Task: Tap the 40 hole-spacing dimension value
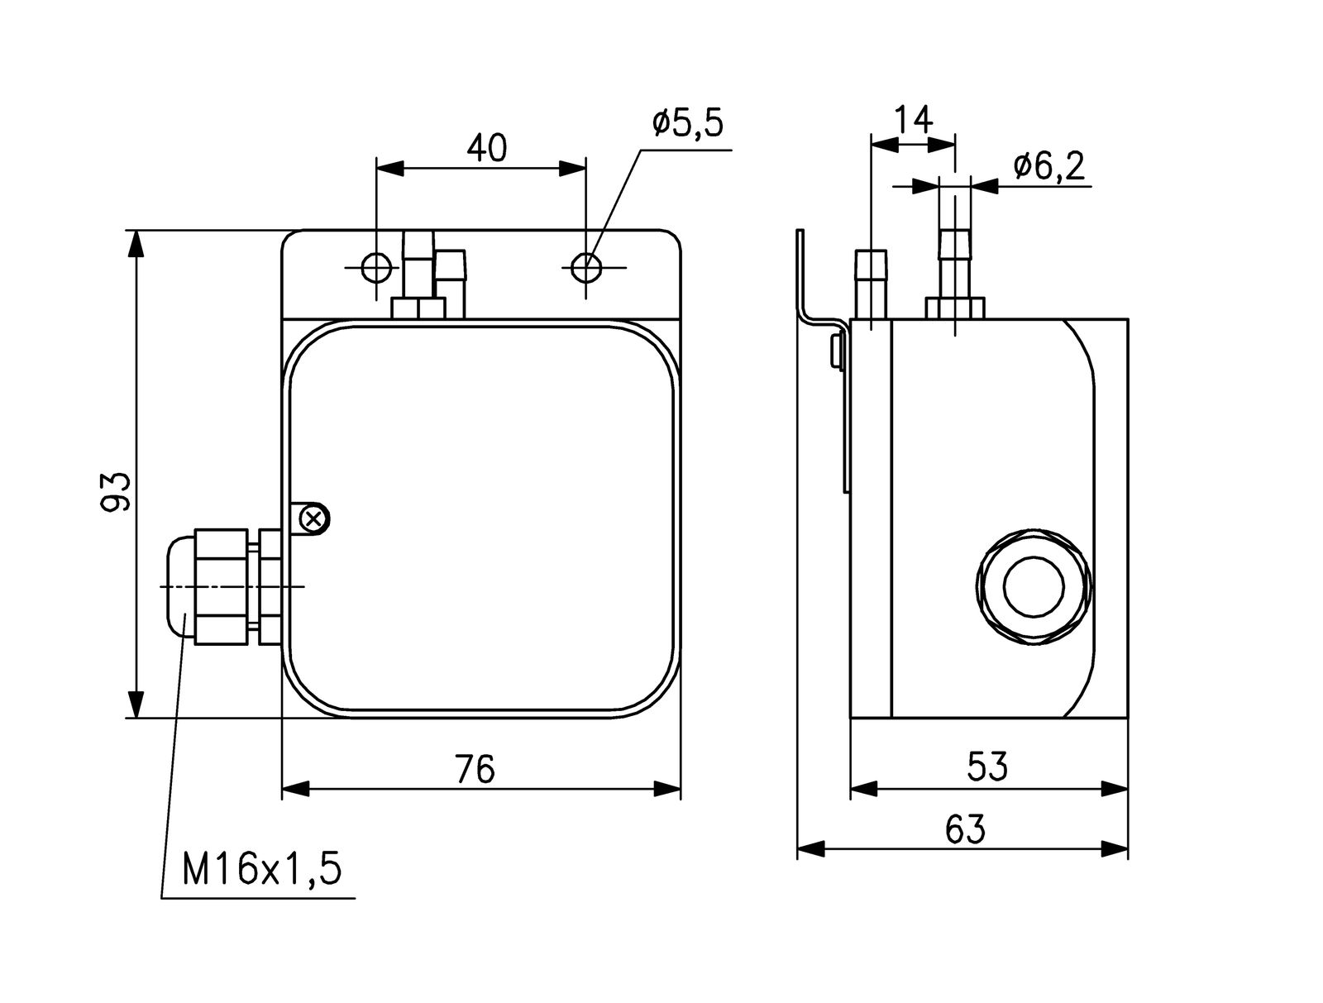(486, 148)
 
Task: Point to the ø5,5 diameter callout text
(687, 123)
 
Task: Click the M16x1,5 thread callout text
(261, 871)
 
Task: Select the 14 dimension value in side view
(913, 121)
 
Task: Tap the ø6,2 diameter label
(1048, 167)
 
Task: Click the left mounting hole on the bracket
(376, 267)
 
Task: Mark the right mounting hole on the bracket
(586, 267)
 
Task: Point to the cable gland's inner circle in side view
(1034, 585)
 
